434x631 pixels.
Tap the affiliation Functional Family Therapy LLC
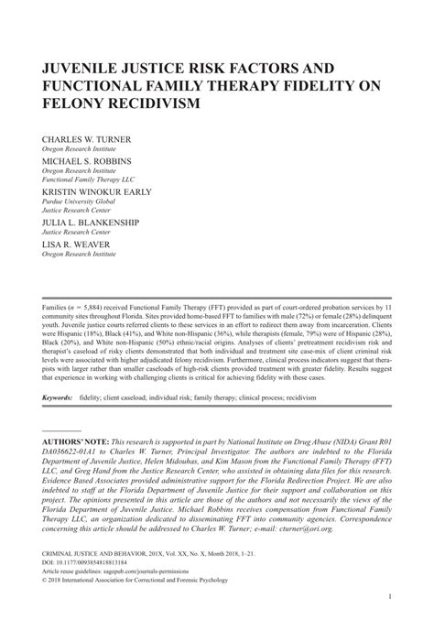[92, 180]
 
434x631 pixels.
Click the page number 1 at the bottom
[389, 622]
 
